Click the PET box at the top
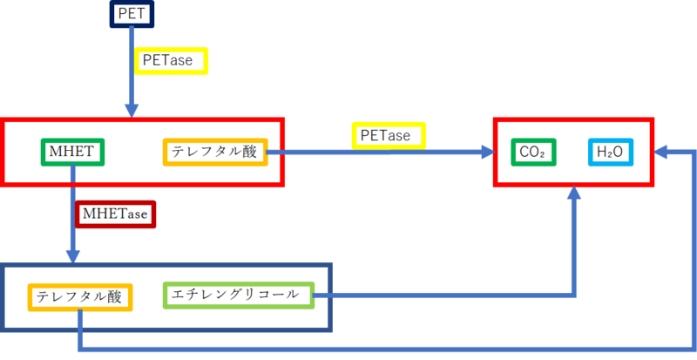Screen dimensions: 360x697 point(131,14)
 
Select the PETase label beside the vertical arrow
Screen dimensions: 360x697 point(173,60)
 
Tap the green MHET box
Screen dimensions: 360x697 point(73,152)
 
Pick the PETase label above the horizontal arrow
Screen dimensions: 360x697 point(388,135)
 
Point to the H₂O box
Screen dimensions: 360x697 point(610,153)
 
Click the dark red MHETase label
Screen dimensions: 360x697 point(115,213)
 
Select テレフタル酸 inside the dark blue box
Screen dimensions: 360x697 point(79,297)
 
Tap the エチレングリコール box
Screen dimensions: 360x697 point(238,295)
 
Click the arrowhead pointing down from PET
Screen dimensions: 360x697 point(131,111)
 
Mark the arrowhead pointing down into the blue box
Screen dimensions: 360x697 point(73,256)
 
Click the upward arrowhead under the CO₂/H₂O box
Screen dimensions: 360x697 point(575,193)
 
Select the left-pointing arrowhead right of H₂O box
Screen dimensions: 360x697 point(662,153)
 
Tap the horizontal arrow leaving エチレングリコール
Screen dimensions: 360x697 point(436,295)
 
